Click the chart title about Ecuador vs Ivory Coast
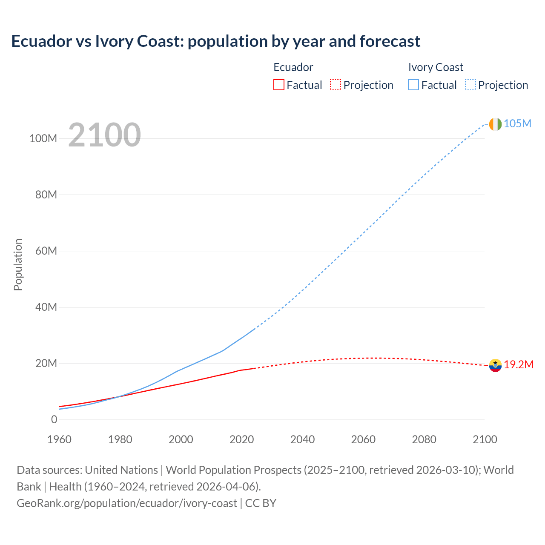[215, 41]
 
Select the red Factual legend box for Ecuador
[278, 85]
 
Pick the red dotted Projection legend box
[336, 85]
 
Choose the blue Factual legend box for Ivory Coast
[413, 85]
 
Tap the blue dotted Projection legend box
[470, 85]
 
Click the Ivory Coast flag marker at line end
[495, 124]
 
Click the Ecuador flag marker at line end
[495, 365]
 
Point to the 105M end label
[517, 123]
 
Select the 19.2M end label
[519, 364]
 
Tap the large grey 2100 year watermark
[104, 135]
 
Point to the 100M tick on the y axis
[43, 138]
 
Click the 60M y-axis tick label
[46, 251]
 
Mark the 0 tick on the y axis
[54, 419]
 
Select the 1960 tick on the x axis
[60, 439]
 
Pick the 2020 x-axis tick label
[241, 439]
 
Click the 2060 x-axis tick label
[363, 439]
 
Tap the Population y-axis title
[18, 264]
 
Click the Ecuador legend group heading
[293, 67]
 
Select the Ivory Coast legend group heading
[435, 67]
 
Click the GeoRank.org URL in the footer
[126, 503]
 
